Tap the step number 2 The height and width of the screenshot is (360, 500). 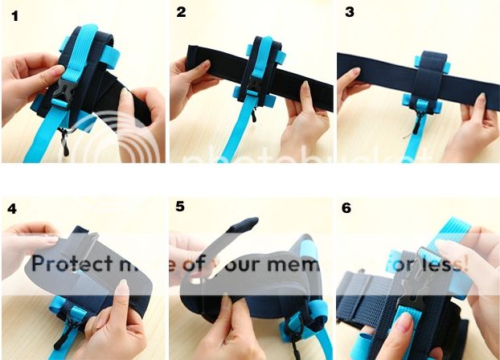coord(181,12)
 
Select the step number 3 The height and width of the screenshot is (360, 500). coord(349,12)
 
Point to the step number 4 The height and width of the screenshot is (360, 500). coord(12,208)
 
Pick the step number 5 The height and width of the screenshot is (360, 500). coord(180,207)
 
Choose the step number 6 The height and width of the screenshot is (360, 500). coord(346,208)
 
